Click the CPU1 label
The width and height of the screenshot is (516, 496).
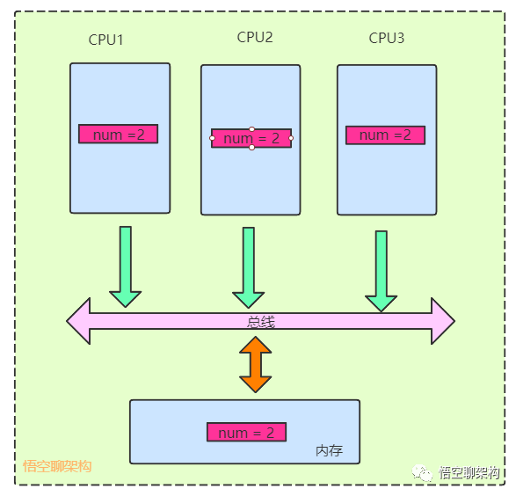coord(106,40)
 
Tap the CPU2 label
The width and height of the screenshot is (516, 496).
coord(255,37)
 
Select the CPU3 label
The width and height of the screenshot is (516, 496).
coord(387,38)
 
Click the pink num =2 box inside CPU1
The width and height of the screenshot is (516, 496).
coord(119,134)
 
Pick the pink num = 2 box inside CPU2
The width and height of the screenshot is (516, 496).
coord(251,138)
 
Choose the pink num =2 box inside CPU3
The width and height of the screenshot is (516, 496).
coord(385,135)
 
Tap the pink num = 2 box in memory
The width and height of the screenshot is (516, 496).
coord(246,432)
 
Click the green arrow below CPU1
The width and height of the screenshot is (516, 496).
coord(126,266)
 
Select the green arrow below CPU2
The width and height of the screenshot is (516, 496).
coord(249,267)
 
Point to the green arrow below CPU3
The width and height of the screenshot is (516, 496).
coord(382,271)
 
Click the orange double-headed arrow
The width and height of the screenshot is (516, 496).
coord(256,364)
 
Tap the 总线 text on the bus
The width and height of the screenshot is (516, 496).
coord(260,322)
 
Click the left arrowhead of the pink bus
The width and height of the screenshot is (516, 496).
coord(78,321)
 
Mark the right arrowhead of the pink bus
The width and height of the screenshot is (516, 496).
coord(443,321)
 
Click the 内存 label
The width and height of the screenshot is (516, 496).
coord(329,450)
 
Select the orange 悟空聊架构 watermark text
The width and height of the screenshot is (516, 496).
coord(57,466)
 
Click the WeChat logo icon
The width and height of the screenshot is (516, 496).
coord(422,473)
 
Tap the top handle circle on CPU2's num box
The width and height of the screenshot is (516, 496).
coord(251,129)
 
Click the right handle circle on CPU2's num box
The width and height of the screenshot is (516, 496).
coord(291,138)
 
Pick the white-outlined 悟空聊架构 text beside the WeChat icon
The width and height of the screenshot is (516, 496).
coord(469,473)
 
